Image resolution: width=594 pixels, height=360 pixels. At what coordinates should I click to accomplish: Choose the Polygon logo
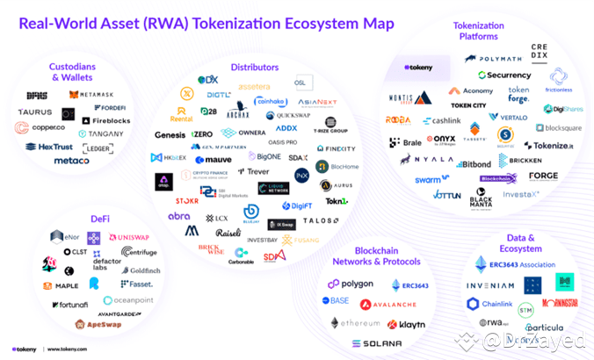click(350, 284)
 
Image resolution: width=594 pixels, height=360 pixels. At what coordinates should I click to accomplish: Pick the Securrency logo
click(504, 76)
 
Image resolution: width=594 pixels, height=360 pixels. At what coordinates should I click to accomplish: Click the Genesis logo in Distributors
click(170, 134)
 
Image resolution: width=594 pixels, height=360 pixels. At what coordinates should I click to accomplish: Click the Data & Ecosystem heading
click(525, 243)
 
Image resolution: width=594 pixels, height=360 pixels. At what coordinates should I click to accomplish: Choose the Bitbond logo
click(473, 164)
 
